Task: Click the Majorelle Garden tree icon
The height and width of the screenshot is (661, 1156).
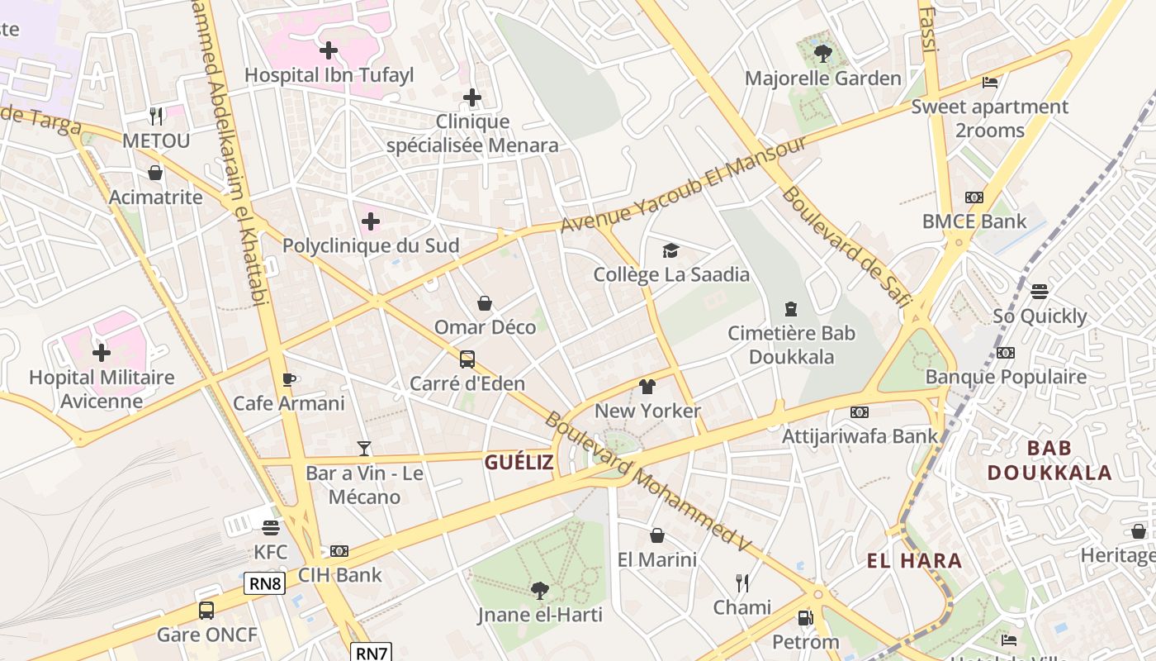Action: tap(822, 54)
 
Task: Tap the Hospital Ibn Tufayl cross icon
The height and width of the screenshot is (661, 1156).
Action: tap(329, 50)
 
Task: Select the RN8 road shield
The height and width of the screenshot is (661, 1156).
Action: tap(265, 583)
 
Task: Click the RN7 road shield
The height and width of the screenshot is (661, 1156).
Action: tap(372, 653)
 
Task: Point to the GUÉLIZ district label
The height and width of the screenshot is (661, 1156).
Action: tap(519, 463)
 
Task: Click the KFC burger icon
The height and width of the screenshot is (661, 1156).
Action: tap(271, 527)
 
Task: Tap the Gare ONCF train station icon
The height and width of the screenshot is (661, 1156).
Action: tap(206, 611)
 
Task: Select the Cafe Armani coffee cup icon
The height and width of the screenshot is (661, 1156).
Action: tap(288, 379)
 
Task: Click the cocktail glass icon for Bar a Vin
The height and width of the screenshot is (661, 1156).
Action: tap(364, 449)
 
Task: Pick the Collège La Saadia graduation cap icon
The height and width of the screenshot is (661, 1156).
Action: tap(670, 250)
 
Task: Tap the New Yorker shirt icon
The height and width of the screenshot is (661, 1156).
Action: tap(647, 387)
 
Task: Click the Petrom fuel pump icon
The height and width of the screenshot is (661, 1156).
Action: tap(805, 617)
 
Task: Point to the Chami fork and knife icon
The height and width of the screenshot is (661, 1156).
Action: tap(742, 583)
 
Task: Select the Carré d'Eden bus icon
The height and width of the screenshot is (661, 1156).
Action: tap(467, 359)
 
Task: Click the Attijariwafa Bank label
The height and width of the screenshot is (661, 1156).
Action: tap(860, 435)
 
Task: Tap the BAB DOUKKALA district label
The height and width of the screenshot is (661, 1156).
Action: tap(1049, 460)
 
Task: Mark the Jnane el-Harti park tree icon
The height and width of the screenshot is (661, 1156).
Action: tap(540, 590)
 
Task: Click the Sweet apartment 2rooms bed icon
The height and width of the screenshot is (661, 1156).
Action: tap(990, 83)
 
